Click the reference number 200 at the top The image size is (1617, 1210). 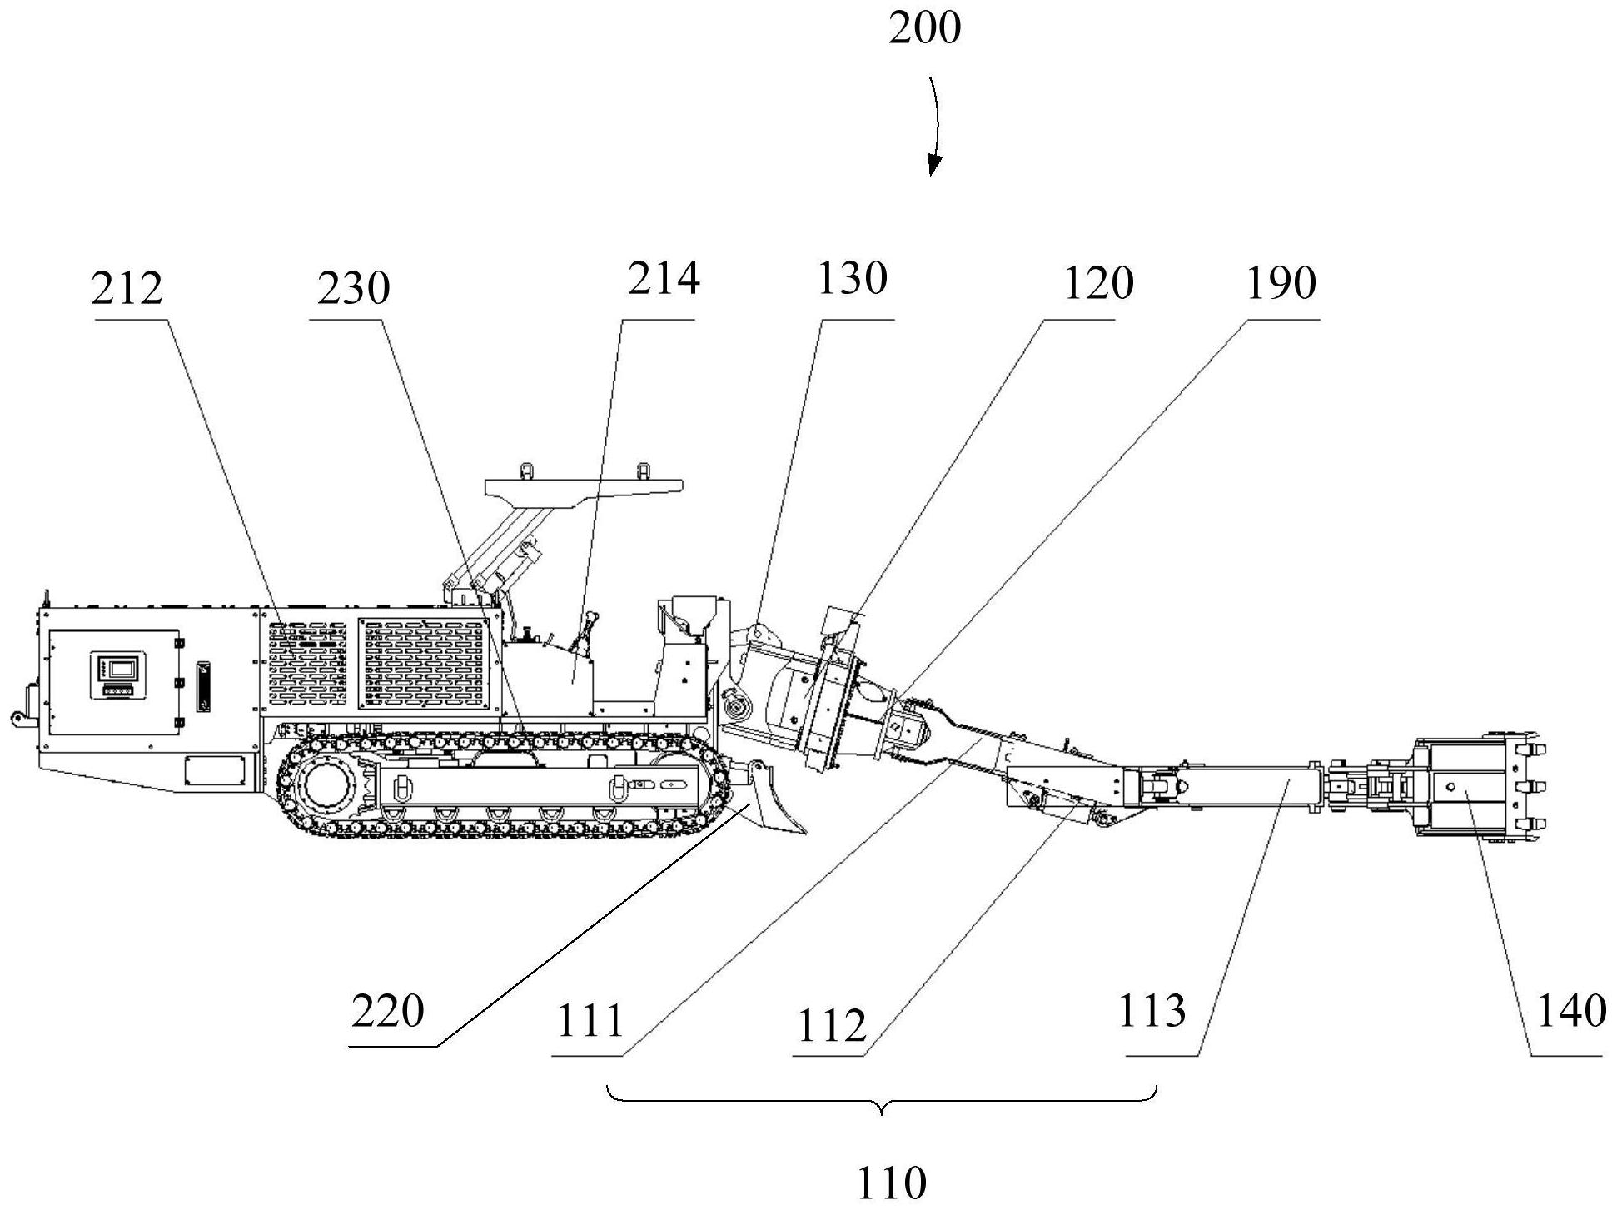[x=924, y=29]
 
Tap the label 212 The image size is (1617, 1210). [x=127, y=289]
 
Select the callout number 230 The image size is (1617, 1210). [x=354, y=289]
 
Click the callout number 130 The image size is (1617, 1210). [x=852, y=279]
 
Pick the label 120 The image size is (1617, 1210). [x=1097, y=283]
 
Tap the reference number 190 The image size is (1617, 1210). [x=1281, y=283]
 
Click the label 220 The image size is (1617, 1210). [x=388, y=1012]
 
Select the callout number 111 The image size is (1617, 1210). [x=590, y=1022]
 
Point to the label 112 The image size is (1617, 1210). [x=832, y=1025]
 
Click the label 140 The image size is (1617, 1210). [x=1570, y=1012]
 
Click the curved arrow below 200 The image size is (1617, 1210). [x=937, y=125]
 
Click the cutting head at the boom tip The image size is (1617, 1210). [x=1479, y=786]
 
